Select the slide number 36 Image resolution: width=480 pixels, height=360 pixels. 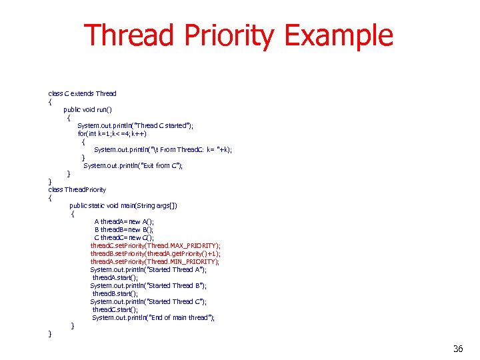pyautogui.click(x=457, y=349)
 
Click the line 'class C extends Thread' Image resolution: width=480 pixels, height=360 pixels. pyautogui.click(x=82, y=93)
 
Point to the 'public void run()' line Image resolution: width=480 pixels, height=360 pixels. pyautogui.click(x=87, y=109)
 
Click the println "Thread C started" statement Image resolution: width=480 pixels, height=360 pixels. pyautogui.click(x=135, y=125)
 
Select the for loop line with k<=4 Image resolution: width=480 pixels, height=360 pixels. pyautogui.click(x=112, y=133)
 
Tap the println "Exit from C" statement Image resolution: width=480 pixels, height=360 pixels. pyautogui.click(x=133, y=165)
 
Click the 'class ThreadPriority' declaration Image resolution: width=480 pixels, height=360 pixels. pyautogui.click(x=77, y=189)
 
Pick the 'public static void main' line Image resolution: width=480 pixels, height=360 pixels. pyautogui.click(x=123, y=205)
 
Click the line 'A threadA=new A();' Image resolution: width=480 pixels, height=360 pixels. pyautogui.click(x=123, y=221)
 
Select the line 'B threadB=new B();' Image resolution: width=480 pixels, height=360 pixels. pyautogui.click(x=123, y=229)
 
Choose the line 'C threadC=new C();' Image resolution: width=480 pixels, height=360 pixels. pyautogui.click(x=123, y=237)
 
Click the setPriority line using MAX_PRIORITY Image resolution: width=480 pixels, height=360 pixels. pyautogui.click(x=155, y=245)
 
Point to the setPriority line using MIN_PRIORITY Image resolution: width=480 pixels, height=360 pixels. pyautogui.click(x=155, y=261)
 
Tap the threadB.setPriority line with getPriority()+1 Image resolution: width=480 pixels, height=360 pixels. pyautogui.click(x=155, y=253)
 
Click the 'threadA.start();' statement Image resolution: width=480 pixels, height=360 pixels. pyautogui.click(x=115, y=277)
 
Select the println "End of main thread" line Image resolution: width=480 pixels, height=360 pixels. pyautogui.click(x=153, y=317)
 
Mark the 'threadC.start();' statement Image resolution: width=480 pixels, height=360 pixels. pyautogui.click(x=115, y=309)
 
